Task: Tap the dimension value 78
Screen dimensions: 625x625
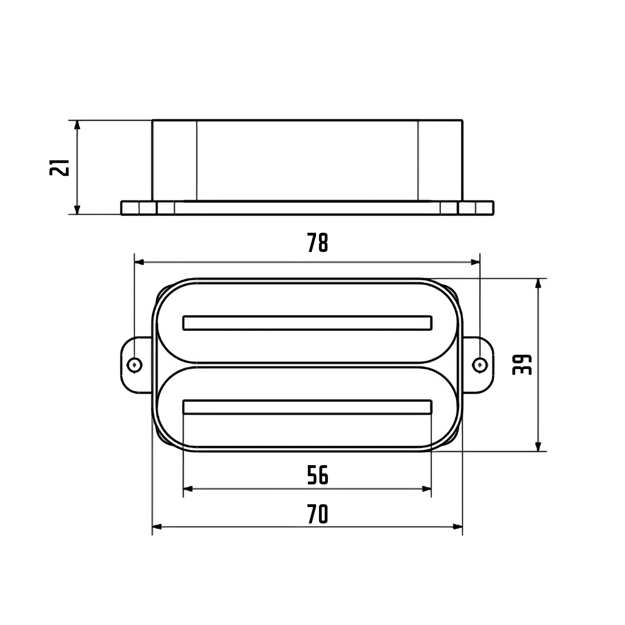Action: point(318,243)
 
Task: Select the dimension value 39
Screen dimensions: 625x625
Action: point(522,365)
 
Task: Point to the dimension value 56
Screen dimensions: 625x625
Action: point(318,475)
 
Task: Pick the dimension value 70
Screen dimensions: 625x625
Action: point(318,514)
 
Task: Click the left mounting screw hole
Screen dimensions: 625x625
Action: point(135,365)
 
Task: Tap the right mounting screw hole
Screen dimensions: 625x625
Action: point(480,365)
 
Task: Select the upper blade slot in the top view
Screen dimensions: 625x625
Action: point(307,323)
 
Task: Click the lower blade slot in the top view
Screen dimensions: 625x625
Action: point(307,407)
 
